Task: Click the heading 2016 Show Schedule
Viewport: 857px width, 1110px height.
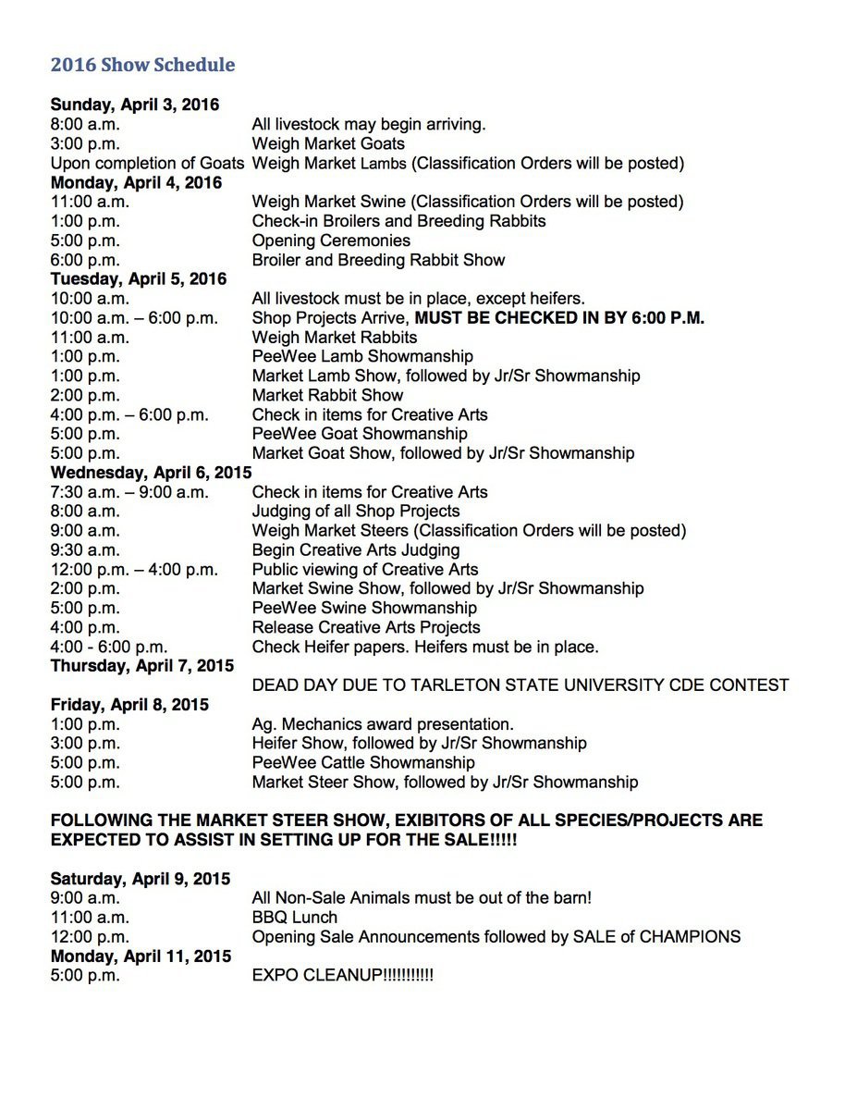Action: click(142, 65)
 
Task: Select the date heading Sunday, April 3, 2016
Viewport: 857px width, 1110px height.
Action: click(135, 105)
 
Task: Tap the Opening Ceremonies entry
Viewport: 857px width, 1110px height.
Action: click(331, 240)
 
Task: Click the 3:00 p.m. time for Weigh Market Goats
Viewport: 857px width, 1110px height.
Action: click(85, 143)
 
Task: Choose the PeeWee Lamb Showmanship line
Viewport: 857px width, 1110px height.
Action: click(362, 356)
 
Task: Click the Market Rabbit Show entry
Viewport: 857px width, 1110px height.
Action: click(327, 395)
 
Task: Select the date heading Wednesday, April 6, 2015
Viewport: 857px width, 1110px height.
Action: click(151, 473)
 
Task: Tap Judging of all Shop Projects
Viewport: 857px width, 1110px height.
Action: click(356, 511)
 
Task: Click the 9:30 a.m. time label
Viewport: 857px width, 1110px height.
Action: click(85, 549)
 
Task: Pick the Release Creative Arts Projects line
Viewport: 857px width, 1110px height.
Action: click(366, 627)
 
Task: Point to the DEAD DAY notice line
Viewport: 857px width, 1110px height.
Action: click(520, 685)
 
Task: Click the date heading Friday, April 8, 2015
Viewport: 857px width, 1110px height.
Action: click(129, 705)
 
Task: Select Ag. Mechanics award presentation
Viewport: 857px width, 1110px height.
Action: click(383, 724)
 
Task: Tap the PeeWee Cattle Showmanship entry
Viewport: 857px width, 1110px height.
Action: click(363, 763)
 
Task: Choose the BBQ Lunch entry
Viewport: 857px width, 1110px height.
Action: click(295, 918)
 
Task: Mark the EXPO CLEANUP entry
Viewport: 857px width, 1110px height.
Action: click(342, 976)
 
